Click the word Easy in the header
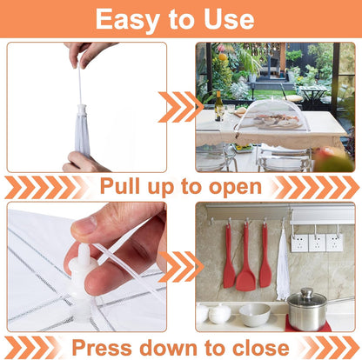[127, 20]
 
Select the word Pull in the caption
[120, 185]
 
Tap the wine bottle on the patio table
[218, 106]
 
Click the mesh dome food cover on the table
[272, 116]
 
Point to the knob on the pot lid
[307, 292]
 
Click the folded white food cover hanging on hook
[283, 263]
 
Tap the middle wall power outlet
[317, 243]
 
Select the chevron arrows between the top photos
[180, 107]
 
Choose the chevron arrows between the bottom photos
[180, 267]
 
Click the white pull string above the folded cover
[79, 84]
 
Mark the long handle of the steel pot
[341, 301]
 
